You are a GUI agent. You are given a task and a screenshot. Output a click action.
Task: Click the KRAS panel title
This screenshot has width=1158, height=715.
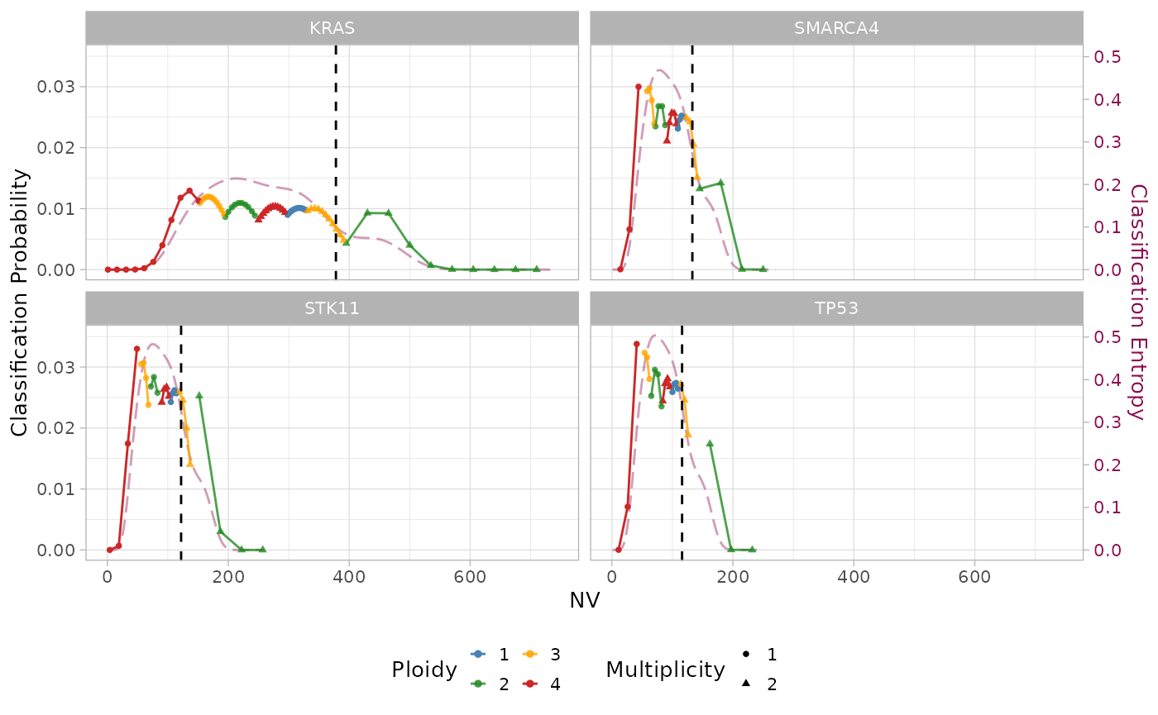(x=332, y=27)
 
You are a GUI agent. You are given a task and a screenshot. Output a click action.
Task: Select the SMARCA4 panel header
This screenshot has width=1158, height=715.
(x=836, y=27)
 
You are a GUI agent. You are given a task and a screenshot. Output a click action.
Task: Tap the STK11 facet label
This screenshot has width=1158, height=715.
(x=332, y=308)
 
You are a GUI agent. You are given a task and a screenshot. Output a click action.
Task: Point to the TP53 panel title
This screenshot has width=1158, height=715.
(x=836, y=308)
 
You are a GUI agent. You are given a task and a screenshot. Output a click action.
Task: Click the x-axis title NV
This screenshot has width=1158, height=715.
(x=584, y=601)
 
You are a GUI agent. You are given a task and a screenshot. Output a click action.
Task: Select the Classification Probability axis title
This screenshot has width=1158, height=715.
(x=20, y=302)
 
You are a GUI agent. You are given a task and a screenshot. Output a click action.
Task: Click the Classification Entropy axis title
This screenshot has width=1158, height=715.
(x=1139, y=302)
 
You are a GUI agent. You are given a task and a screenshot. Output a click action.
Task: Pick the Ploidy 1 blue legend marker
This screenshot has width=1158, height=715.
(x=478, y=655)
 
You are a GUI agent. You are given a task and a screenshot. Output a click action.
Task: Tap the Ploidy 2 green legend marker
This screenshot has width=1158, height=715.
(x=478, y=684)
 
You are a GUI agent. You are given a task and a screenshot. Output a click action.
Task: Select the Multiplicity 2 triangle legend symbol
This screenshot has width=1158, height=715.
(x=747, y=684)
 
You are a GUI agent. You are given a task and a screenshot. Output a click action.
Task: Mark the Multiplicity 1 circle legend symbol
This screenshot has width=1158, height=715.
(x=747, y=655)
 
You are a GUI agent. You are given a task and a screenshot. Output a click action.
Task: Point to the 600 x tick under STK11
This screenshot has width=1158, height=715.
(x=470, y=577)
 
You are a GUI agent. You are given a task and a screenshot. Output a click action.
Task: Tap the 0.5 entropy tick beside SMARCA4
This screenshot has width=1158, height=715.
(x=1108, y=57)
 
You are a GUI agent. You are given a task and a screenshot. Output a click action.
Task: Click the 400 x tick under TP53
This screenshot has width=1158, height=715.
(x=854, y=577)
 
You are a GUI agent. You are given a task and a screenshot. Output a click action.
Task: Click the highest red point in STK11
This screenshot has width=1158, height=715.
(x=136, y=349)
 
